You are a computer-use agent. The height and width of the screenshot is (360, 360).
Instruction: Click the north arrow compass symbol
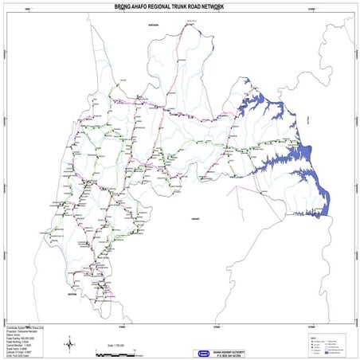click(70, 343)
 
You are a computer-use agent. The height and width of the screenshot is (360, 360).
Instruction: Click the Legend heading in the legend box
click(313, 336)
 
